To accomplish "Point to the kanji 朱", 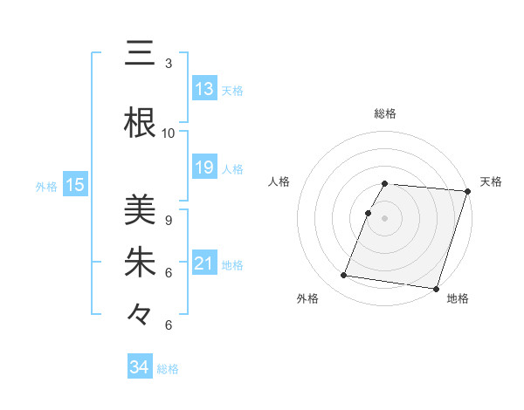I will pyautogui.click(x=139, y=262).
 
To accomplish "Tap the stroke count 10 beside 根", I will pyautogui.click(x=168, y=133).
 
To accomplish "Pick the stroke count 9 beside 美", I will pyautogui.click(x=168, y=221).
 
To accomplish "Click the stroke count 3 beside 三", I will pyautogui.click(x=168, y=64).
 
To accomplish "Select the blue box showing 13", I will pyautogui.click(x=204, y=89).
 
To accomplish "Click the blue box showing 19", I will pyautogui.click(x=204, y=167).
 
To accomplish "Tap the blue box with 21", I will pyautogui.click(x=204, y=263).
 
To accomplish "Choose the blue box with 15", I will pyautogui.click(x=75, y=184).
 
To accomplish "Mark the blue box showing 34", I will pyautogui.click(x=139, y=367).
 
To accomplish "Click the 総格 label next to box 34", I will pyautogui.click(x=168, y=369).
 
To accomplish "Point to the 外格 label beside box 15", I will pyautogui.click(x=46, y=185).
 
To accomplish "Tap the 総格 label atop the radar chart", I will pyautogui.click(x=385, y=113).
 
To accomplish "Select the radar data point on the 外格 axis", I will pyautogui.click(x=344, y=276).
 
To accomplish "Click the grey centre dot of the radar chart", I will pyautogui.click(x=385, y=218).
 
